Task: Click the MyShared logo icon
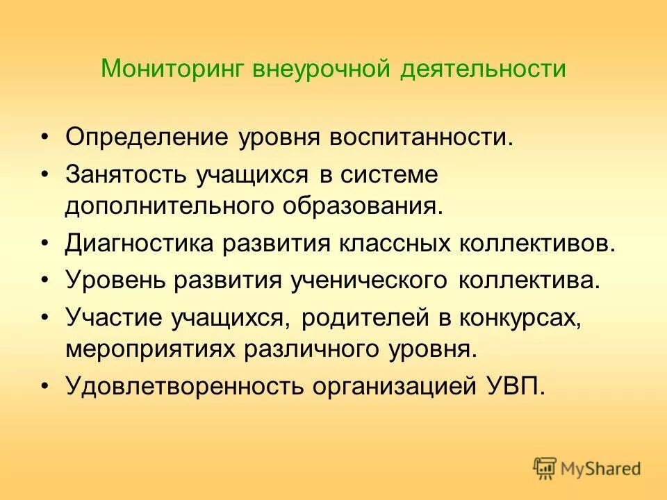545,468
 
